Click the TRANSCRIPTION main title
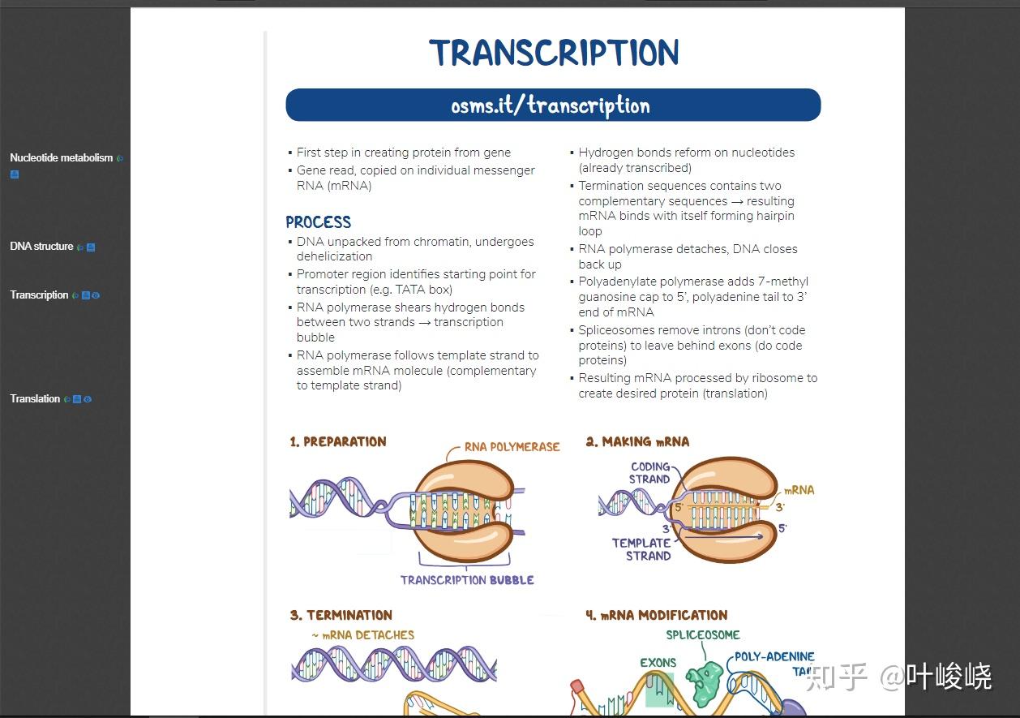click(554, 53)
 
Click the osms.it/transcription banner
click(553, 105)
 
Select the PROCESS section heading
click(319, 221)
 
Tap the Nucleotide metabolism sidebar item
click(61, 157)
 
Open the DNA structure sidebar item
click(41, 246)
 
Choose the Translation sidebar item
click(35, 398)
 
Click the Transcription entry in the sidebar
click(39, 295)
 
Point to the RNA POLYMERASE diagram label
click(512, 447)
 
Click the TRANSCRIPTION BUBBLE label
click(467, 580)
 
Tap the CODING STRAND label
click(649, 473)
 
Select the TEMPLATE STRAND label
click(641, 549)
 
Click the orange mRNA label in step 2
click(799, 490)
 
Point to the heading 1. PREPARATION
click(338, 441)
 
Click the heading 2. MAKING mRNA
click(637, 441)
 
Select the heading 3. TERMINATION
click(341, 615)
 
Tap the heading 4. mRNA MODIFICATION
click(657, 615)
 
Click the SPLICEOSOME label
click(703, 634)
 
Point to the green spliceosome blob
click(704, 683)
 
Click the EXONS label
click(658, 662)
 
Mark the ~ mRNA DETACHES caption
click(363, 635)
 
